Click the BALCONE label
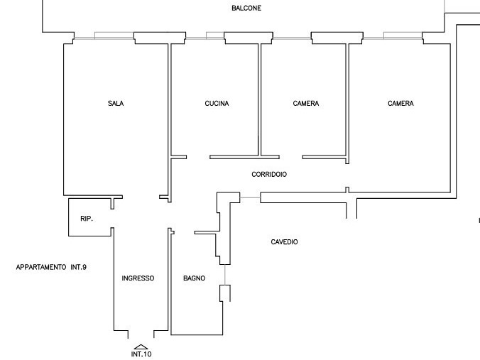coord(246,9)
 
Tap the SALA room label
coord(116,104)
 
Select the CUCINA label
coord(217,104)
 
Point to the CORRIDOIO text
coord(269,174)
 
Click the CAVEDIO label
coord(284,242)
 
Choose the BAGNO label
coord(194,278)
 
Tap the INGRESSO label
coord(138,278)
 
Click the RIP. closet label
coord(87,219)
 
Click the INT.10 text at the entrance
coord(141,354)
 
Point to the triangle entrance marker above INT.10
coord(141,346)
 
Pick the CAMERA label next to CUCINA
coord(305,104)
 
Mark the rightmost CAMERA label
coord(400,104)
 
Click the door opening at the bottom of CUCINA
coord(198,156)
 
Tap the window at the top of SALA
coord(104,36)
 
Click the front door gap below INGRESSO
coord(141,332)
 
